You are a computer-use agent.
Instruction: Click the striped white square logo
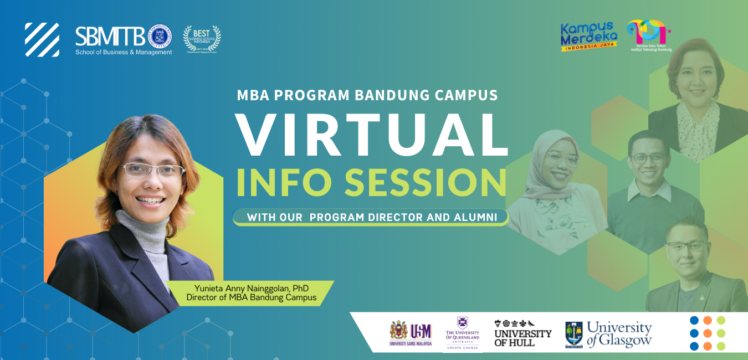click(x=42, y=40)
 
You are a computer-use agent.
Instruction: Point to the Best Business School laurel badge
click(x=202, y=39)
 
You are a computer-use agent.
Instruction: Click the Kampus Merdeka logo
click(x=588, y=37)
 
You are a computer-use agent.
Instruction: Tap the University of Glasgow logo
click(x=608, y=335)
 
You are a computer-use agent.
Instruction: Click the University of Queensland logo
click(x=463, y=333)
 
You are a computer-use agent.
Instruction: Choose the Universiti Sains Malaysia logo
click(x=411, y=334)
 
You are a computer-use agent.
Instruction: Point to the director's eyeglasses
click(x=151, y=169)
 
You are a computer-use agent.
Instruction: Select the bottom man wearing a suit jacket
click(x=690, y=277)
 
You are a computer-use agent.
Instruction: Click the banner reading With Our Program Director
click(x=371, y=217)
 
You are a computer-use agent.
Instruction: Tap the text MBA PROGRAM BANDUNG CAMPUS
click(x=367, y=95)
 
